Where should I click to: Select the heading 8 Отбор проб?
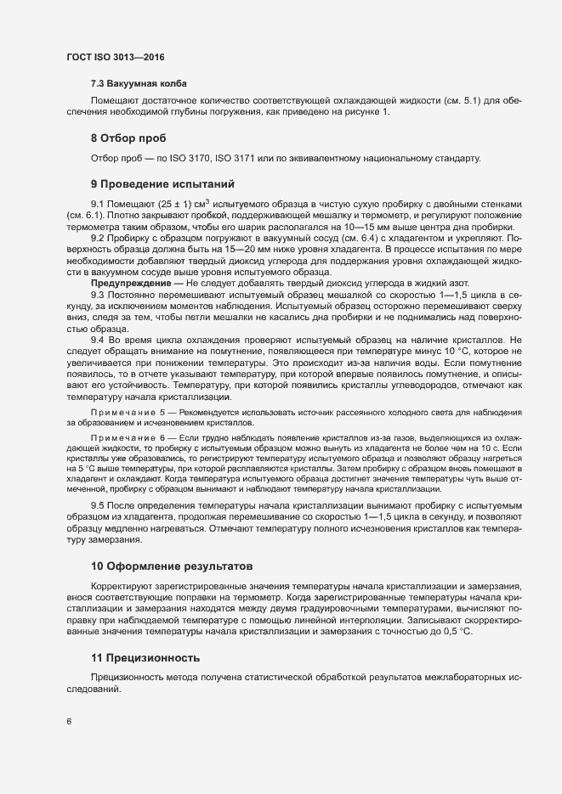click(128, 138)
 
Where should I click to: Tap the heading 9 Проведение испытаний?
click(162, 184)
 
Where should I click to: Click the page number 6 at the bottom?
click(69, 723)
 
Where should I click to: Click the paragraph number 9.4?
click(97, 340)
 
